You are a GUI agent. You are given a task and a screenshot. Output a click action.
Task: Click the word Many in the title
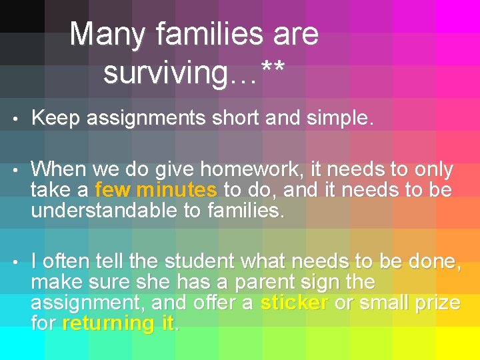pos(100,34)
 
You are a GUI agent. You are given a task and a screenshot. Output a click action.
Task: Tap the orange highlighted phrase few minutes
pos(156,191)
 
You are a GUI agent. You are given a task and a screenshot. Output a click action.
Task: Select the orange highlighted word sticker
pos(293,303)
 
